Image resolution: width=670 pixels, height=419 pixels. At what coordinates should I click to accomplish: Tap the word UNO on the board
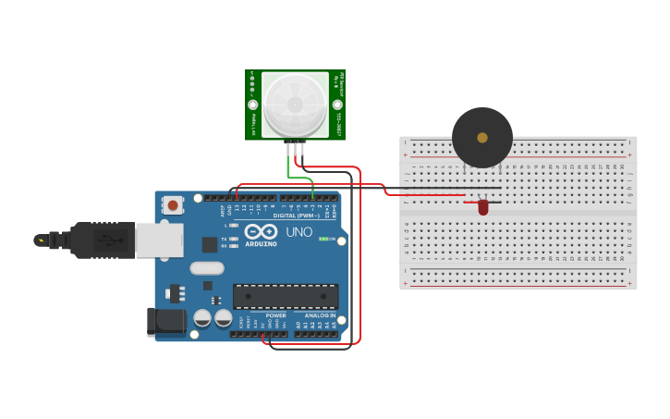tap(298, 231)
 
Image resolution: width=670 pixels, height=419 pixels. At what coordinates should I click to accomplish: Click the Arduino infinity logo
tap(261, 231)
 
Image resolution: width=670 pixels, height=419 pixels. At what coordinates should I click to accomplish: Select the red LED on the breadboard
tap(483, 208)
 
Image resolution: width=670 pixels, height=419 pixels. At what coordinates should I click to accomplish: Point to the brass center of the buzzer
tap(482, 138)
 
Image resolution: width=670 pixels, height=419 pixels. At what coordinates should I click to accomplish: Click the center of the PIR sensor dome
tap(296, 105)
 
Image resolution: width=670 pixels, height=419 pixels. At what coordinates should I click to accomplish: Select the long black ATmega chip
tap(286, 296)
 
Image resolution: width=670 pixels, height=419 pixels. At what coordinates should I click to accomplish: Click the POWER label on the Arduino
tap(276, 315)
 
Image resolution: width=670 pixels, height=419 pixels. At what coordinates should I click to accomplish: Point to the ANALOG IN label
tap(321, 315)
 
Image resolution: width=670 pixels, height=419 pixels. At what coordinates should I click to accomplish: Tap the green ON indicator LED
tap(323, 239)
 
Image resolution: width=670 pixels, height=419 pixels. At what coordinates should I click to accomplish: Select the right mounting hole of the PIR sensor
tap(338, 105)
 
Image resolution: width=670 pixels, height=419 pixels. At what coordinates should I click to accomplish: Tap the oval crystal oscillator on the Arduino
tap(207, 268)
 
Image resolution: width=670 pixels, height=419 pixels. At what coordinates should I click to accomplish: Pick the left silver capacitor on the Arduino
tap(202, 317)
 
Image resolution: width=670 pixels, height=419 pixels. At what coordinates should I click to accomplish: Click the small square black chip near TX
tap(210, 244)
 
